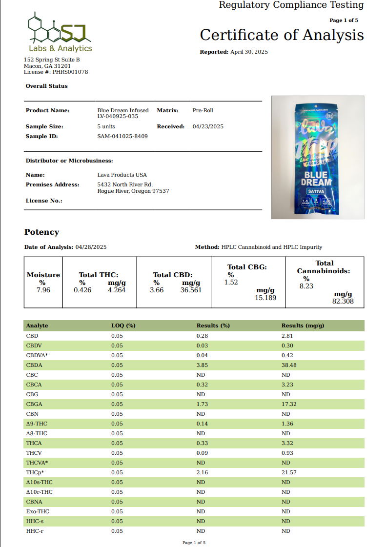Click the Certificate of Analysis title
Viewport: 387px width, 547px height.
(x=282, y=35)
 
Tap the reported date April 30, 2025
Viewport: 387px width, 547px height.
(x=249, y=52)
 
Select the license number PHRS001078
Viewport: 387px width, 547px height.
(x=70, y=72)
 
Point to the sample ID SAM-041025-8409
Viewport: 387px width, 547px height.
(x=122, y=136)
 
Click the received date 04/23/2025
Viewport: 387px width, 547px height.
(x=208, y=126)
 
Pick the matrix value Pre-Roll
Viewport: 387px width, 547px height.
(x=203, y=111)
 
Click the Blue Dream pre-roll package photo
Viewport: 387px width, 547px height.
(x=318, y=157)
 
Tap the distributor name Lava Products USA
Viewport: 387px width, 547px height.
(x=122, y=175)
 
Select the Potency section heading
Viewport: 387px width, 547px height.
(x=42, y=232)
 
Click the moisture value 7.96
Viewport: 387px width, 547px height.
(x=42, y=290)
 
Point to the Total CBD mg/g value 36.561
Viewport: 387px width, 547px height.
(x=191, y=290)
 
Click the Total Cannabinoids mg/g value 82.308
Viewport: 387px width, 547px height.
(x=343, y=302)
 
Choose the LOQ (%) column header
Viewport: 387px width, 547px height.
(x=123, y=325)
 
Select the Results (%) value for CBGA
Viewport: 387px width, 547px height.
(x=202, y=404)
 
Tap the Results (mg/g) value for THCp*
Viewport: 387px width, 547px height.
(x=289, y=472)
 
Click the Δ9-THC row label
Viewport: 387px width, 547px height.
(x=37, y=424)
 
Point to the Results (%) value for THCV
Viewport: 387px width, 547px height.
(x=202, y=453)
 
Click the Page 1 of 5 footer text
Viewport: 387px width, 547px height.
(x=194, y=543)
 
